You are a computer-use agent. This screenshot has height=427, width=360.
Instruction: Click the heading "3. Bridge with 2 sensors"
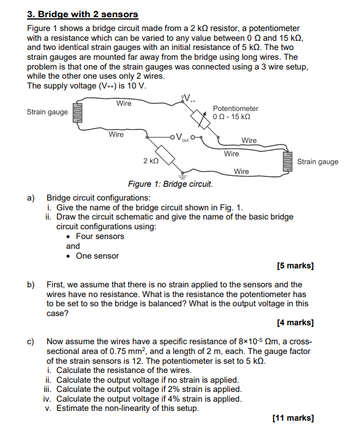pyautogui.click(x=83, y=14)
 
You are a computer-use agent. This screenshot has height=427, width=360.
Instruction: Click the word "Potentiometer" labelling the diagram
pyautogui.click(x=235, y=109)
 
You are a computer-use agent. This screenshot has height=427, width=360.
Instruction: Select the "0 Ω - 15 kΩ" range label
pyautogui.click(x=231, y=117)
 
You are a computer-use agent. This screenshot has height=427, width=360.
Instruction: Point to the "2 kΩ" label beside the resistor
pyautogui.click(x=150, y=161)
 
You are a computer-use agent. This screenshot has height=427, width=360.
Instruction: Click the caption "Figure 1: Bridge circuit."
pyautogui.click(x=170, y=184)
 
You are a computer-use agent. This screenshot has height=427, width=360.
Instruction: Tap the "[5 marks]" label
pyautogui.click(x=295, y=266)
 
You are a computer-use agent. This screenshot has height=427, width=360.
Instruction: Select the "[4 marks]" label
pyautogui.click(x=295, y=323)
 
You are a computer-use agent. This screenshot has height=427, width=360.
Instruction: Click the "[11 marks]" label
pyautogui.click(x=293, y=418)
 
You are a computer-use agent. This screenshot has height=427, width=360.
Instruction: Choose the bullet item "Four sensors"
pyautogui.click(x=99, y=236)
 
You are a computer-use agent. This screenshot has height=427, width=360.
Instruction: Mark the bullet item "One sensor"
pyautogui.click(x=97, y=256)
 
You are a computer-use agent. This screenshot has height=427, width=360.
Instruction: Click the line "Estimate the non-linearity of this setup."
pyautogui.click(x=127, y=409)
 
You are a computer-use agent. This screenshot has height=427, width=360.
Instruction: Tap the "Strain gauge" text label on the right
pyautogui.click(x=317, y=161)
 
